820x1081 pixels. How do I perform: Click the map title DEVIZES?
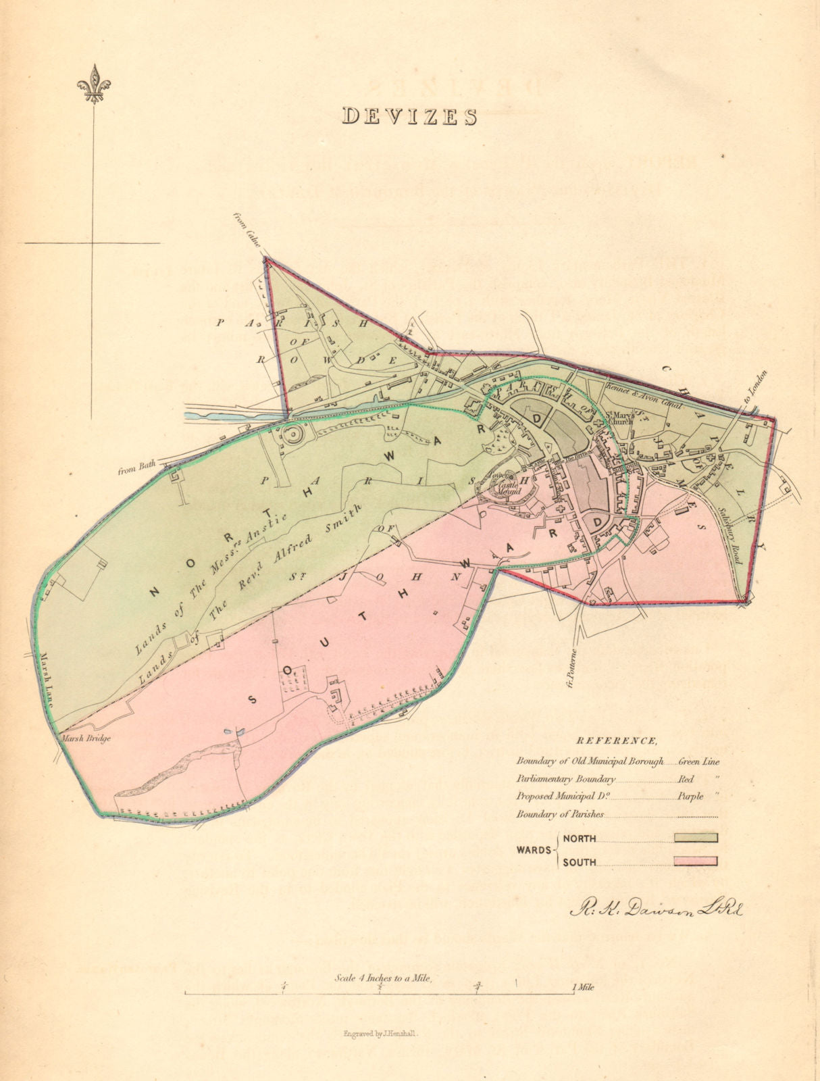tap(410, 116)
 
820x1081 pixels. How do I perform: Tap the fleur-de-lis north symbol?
tap(93, 84)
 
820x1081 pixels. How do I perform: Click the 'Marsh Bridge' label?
tap(85, 738)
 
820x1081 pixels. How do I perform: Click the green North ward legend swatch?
tap(695, 838)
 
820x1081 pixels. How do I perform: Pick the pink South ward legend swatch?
tap(695, 861)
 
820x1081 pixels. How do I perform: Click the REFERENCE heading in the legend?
tap(617, 740)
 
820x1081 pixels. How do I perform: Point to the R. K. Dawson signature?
tap(655, 909)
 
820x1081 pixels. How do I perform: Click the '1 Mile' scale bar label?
tap(583, 988)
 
